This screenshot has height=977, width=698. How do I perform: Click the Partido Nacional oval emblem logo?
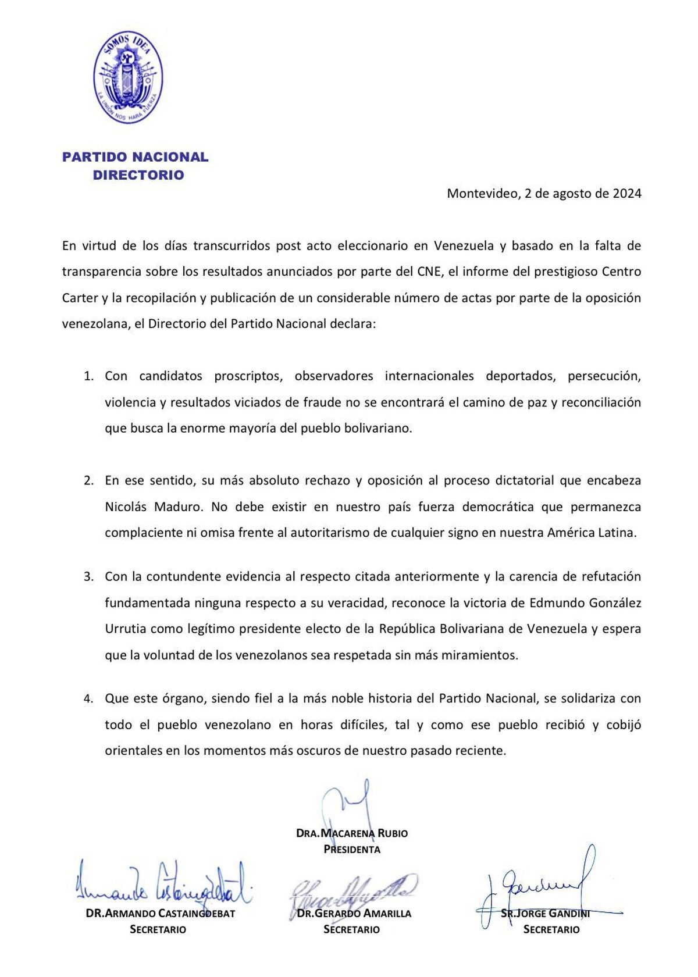click(x=128, y=77)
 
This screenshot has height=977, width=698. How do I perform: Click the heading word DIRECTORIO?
click(x=138, y=175)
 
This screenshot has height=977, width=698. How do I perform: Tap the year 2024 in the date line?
click(x=626, y=194)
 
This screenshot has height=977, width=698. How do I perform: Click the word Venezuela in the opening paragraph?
click(x=464, y=245)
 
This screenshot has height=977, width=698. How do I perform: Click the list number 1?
click(x=88, y=376)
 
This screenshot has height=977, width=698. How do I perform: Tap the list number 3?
click(x=88, y=577)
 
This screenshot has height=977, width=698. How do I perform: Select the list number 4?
click(x=88, y=698)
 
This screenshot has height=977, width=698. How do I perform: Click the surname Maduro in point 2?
click(x=179, y=507)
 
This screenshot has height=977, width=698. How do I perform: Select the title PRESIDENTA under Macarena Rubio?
click(x=352, y=850)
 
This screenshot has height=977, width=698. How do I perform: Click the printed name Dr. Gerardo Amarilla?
click(x=354, y=914)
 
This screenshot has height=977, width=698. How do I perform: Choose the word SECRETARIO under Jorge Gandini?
click(x=551, y=930)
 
